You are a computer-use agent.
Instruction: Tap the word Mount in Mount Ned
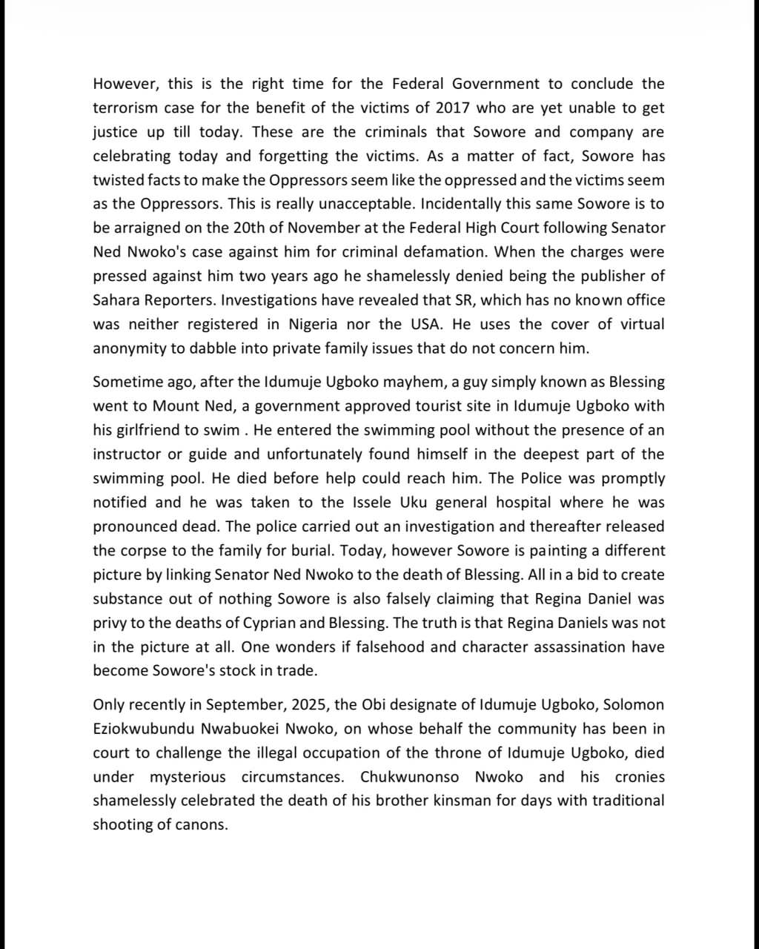click(174, 406)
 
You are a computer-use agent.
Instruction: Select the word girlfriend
click(148, 430)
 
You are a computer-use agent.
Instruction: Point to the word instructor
click(126, 454)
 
